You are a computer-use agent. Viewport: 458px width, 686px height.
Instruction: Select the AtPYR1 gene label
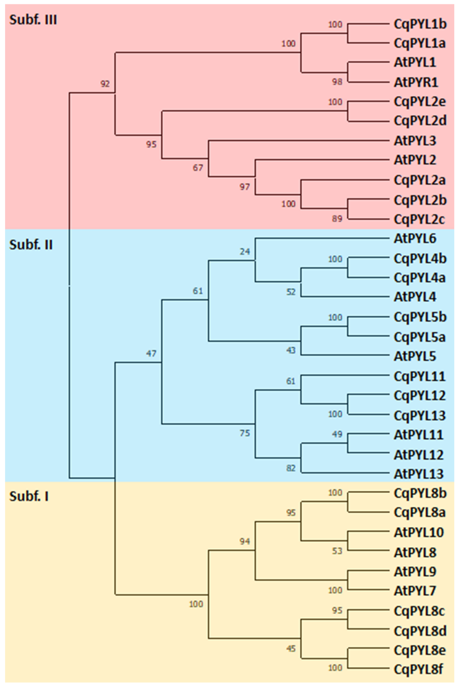pos(416,83)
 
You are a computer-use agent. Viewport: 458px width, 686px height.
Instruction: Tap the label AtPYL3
pos(415,141)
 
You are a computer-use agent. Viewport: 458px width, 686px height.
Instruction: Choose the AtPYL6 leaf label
pos(415,239)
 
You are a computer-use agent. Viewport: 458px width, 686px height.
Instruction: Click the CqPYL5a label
pos(419,337)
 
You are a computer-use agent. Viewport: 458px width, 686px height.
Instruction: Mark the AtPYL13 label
pos(418,474)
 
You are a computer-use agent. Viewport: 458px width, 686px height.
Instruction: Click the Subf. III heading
pos(33,20)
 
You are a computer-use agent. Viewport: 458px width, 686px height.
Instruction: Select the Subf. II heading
pos(31,245)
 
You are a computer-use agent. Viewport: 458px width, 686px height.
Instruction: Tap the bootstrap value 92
pos(105,84)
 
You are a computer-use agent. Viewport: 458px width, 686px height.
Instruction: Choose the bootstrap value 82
pos(291,468)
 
